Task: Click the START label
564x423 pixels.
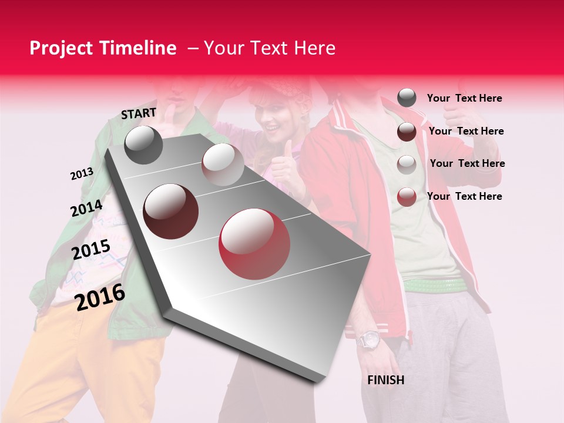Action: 139,113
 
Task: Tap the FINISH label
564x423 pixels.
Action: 385,380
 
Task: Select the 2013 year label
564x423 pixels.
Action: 82,174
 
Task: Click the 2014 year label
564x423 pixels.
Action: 86,209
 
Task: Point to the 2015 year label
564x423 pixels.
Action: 91,250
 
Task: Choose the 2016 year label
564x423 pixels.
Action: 100,297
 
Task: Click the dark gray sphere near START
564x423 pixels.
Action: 143,145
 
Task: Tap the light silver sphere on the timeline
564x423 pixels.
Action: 222,164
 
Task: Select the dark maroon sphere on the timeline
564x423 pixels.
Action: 171,211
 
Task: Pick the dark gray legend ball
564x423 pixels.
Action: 407,98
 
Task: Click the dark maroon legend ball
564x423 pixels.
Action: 407,132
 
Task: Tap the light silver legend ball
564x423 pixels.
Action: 407,164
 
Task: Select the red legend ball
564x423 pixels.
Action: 407,197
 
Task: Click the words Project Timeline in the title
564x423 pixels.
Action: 103,48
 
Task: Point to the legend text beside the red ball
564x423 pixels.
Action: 464,196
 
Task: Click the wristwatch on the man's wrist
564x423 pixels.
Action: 370,340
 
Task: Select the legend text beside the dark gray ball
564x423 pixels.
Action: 464,98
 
